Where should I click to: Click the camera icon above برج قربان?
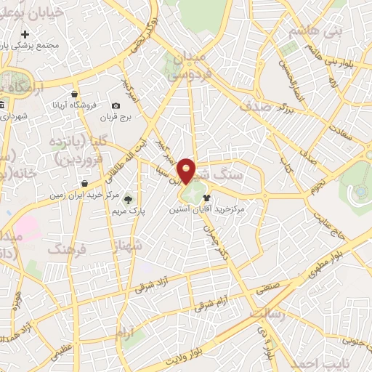116,106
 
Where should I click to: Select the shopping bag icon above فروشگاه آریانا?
75,94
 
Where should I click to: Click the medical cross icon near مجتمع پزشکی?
25,34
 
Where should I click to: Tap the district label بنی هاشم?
312,32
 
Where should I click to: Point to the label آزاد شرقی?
158,283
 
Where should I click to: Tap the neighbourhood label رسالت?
268,311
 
